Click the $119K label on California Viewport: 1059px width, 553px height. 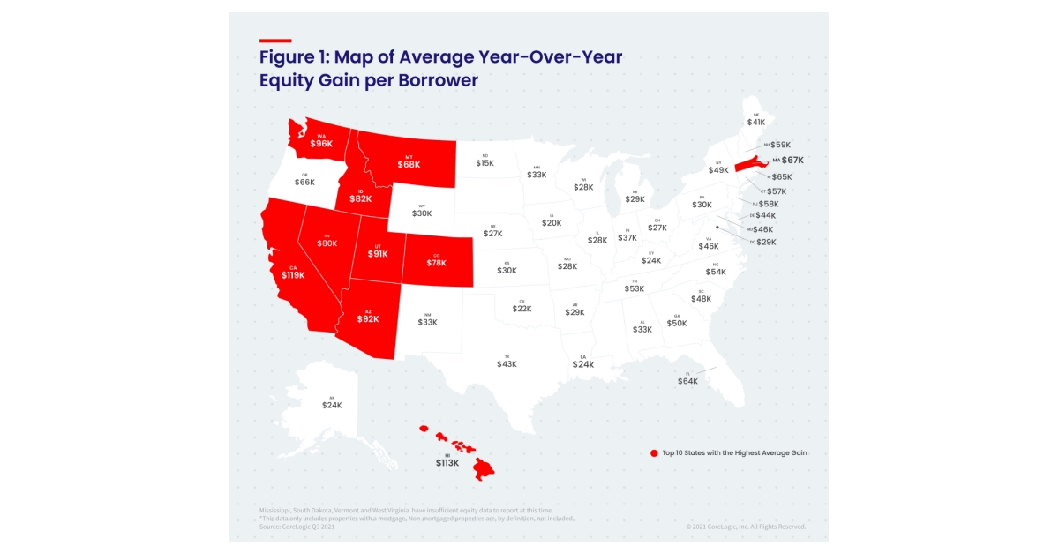click(x=293, y=275)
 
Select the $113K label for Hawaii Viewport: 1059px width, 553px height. click(x=447, y=462)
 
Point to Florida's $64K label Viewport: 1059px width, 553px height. click(x=687, y=381)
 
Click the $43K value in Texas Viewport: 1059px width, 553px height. click(x=507, y=364)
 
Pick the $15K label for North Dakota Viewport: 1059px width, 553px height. click(x=484, y=163)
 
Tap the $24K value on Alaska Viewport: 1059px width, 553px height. click(x=332, y=405)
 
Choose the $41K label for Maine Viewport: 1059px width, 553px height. click(x=756, y=123)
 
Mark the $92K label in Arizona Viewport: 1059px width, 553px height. click(x=368, y=319)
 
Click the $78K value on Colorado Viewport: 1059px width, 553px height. click(x=437, y=263)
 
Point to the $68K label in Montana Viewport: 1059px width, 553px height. click(x=409, y=164)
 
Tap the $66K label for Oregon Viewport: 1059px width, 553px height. click(x=304, y=182)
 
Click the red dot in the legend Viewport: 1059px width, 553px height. click(x=654, y=453)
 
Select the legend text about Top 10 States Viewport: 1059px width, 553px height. click(x=734, y=453)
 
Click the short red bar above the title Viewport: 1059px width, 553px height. click(x=275, y=41)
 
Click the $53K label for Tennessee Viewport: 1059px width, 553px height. click(x=634, y=288)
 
